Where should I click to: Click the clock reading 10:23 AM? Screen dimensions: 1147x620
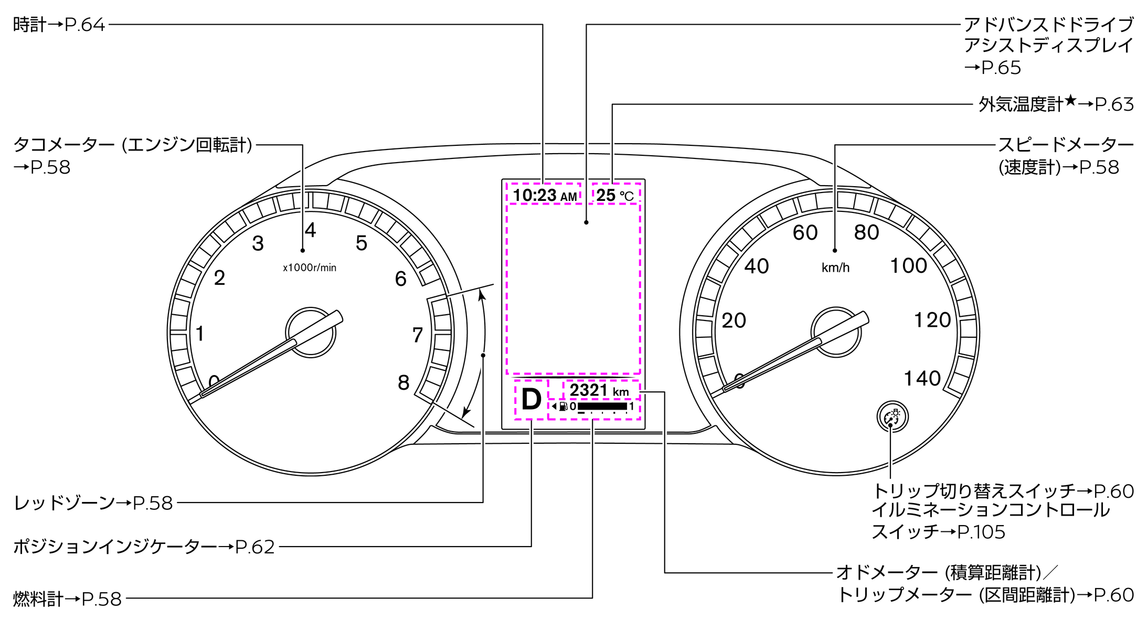pyautogui.click(x=545, y=195)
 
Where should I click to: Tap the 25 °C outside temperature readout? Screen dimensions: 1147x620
pyautogui.click(x=615, y=195)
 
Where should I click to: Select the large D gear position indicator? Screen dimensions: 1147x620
pyautogui.click(x=531, y=400)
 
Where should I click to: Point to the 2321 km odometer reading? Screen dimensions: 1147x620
pyautogui.click(x=599, y=390)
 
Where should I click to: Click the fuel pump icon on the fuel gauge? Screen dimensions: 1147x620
pyautogui.click(x=562, y=406)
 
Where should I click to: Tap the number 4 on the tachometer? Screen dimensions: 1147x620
pyautogui.click(x=311, y=230)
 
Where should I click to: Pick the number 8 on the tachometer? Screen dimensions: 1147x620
pyautogui.click(x=403, y=382)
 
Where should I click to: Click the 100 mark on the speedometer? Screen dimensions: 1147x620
pyautogui.click(x=909, y=265)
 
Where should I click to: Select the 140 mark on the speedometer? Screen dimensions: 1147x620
pyautogui.click(x=922, y=378)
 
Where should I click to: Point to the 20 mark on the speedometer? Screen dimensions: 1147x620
pyautogui.click(x=734, y=320)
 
